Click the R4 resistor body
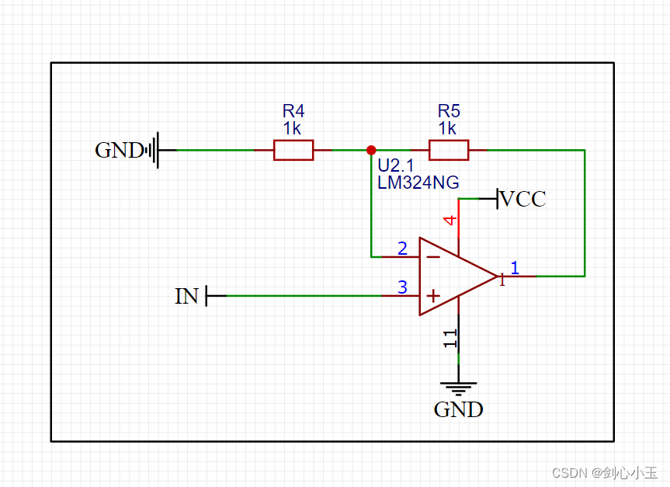(x=293, y=150)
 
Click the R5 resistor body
(x=449, y=150)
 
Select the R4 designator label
(x=293, y=110)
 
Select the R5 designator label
(x=449, y=110)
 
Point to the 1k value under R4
(x=293, y=127)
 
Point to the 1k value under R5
(x=448, y=127)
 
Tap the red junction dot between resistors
(x=371, y=150)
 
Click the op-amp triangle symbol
(x=450, y=277)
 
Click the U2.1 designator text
(x=394, y=165)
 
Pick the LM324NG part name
(x=418, y=183)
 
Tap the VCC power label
(x=523, y=200)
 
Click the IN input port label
(x=187, y=296)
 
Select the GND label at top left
(x=119, y=150)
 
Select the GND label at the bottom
(x=458, y=409)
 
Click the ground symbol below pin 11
(x=458, y=388)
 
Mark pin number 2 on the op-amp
(x=402, y=249)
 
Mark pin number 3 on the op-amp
(x=402, y=287)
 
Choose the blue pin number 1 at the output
(x=514, y=268)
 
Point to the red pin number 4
(x=450, y=221)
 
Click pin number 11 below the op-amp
(x=450, y=338)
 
